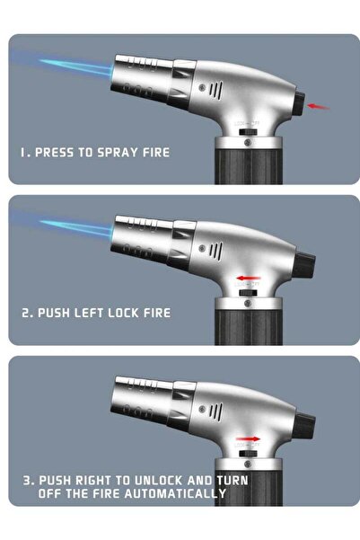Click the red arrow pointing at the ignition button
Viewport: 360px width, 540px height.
(x=318, y=106)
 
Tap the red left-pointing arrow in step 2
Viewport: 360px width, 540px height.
(x=248, y=278)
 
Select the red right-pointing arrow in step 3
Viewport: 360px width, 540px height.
(x=248, y=438)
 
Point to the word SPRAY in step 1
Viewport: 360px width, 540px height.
(x=118, y=152)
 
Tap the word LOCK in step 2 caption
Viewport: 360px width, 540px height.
(x=123, y=313)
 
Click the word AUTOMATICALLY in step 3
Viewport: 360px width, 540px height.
(x=175, y=493)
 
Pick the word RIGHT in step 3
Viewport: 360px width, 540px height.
(x=93, y=480)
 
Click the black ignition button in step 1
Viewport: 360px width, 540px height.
(x=300, y=103)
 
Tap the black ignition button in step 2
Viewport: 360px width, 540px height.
(x=303, y=265)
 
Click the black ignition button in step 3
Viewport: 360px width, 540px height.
(x=303, y=426)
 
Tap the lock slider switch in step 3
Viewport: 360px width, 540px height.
(x=248, y=454)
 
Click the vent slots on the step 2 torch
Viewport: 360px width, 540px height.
(x=215, y=251)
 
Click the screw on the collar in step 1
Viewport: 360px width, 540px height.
(x=248, y=142)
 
